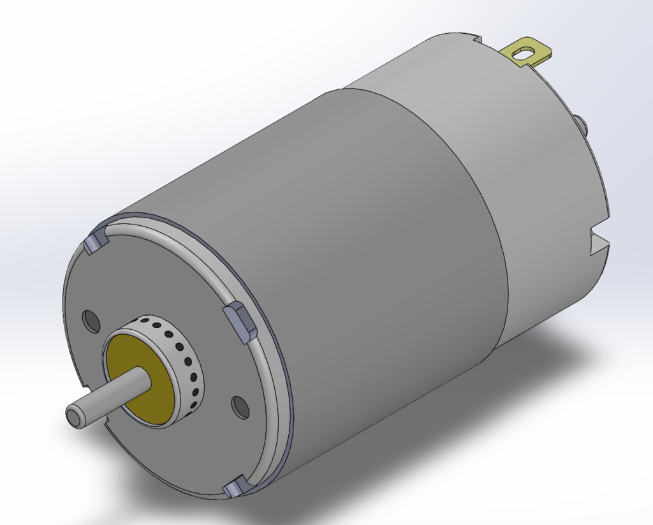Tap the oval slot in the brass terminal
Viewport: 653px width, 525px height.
[x=525, y=54]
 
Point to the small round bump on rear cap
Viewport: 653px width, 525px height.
[x=581, y=122]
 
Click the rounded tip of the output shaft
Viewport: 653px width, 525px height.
[x=73, y=415]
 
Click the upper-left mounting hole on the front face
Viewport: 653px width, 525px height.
[x=92, y=321]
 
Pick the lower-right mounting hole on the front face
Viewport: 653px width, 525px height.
[x=240, y=407]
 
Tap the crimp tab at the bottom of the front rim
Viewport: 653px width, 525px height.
[x=237, y=488]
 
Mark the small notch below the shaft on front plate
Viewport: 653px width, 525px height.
[x=109, y=420]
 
